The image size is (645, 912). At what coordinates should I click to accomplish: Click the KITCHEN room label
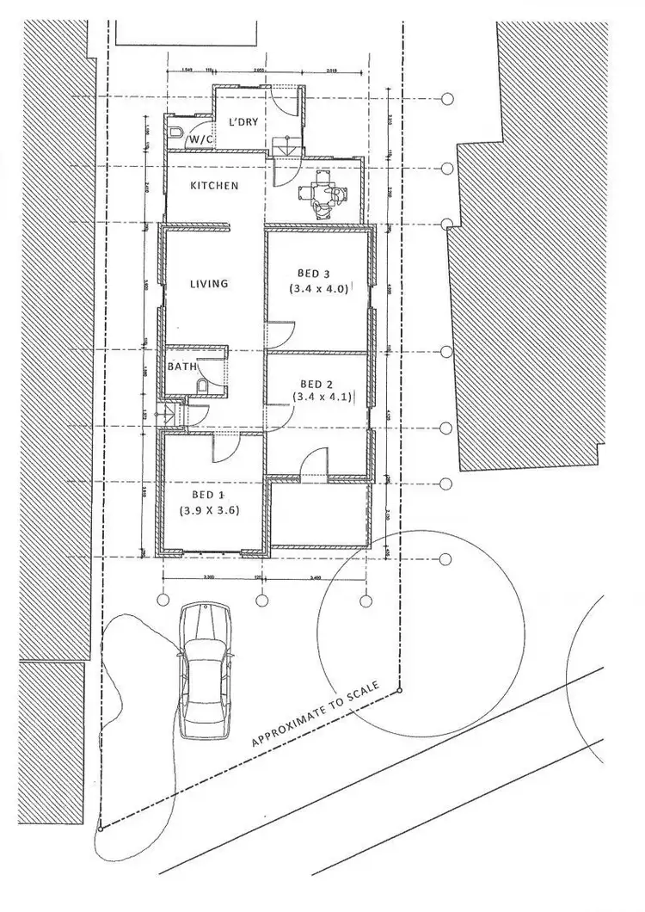tap(214, 186)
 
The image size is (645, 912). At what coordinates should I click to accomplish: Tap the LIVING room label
tap(209, 283)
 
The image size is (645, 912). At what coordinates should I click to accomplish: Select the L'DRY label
tap(243, 123)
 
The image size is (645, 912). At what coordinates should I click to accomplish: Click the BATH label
tap(182, 367)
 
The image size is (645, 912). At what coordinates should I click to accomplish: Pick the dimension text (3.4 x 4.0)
tap(319, 289)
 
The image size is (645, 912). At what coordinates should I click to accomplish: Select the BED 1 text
tap(208, 495)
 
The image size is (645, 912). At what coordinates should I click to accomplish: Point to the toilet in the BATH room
tap(201, 387)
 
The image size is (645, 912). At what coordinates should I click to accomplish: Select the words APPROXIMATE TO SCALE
tap(323, 714)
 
